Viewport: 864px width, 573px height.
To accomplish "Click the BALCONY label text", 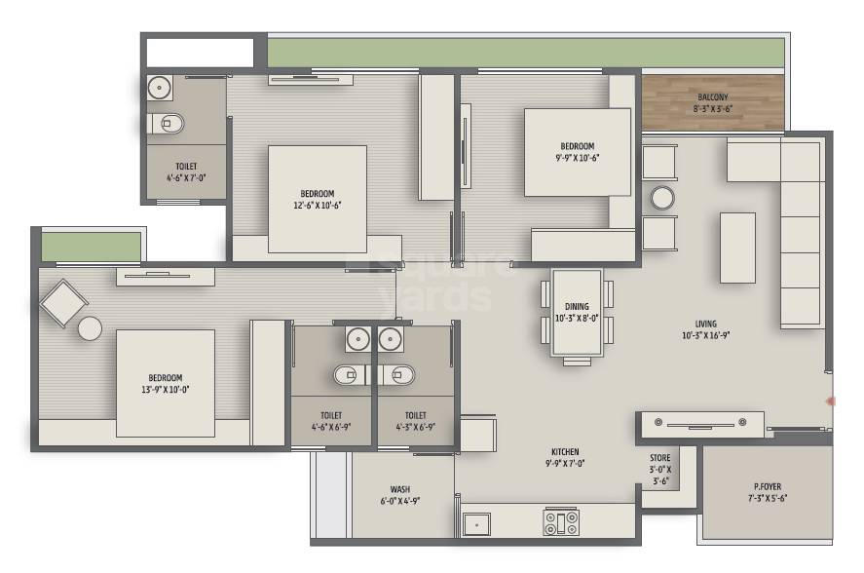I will tap(712, 96).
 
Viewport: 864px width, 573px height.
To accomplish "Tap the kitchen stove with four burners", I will tap(560, 522).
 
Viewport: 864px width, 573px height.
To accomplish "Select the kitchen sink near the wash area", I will tap(476, 523).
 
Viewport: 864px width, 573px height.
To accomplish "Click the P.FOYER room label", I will tap(768, 486).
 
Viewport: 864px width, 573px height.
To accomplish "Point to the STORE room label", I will tap(659, 457).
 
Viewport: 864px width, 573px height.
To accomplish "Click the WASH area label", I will tap(399, 489).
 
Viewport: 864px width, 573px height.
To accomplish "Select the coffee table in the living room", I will tap(736, 248).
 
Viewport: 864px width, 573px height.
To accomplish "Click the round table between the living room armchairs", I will tap(662, 199).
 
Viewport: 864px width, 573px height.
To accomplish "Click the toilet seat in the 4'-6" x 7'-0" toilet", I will tap(169, 124).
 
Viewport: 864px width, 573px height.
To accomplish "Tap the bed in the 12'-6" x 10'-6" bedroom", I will tap(318, 199).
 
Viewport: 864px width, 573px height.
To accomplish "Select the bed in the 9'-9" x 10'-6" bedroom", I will tap(577, 151).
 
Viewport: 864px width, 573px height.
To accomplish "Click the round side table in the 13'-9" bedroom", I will tap(91, 328).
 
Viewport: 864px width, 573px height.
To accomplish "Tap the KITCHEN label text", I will tap(565, 452).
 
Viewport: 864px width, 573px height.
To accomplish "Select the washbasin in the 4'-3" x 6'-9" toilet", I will tap(391, 339).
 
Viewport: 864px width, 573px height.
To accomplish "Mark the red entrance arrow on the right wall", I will tap(831, 401).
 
